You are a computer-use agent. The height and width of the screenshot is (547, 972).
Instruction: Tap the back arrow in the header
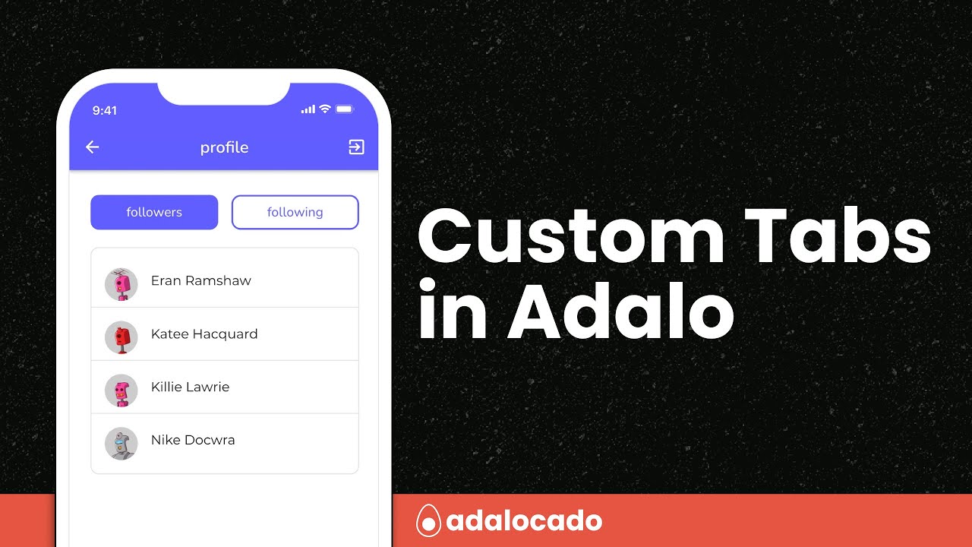pos(93,147)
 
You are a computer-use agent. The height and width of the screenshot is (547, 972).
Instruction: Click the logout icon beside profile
pos(356,147)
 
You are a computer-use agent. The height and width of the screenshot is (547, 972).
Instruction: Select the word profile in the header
pos(224,147)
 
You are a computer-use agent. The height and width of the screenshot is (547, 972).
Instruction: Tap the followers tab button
pos(154,212)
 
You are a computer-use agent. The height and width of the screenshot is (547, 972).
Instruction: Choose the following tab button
pos(295,212)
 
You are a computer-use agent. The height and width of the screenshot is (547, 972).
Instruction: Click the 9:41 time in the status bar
pos(105,110)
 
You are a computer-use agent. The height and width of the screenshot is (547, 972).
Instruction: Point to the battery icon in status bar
pos(345,109)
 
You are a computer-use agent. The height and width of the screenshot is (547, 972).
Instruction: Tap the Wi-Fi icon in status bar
pos(325,109)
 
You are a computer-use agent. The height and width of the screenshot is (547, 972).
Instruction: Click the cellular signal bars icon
pos(308,109)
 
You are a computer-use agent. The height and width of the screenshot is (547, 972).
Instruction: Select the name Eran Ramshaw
pos(200,280)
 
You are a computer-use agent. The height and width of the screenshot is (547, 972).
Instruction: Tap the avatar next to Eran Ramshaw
pos(121,283)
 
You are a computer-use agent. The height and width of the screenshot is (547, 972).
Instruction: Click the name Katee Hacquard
pos(204,334)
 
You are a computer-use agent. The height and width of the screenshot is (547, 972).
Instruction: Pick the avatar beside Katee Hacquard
pos(121,337)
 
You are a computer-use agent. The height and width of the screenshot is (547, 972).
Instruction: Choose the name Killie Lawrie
pos(190,387)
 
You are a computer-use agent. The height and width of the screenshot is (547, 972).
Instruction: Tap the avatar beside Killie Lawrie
pos(121,390)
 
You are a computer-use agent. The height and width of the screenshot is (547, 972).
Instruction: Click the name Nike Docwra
pos(193,440)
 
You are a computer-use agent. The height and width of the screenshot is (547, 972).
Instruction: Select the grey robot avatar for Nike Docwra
pos(121,443)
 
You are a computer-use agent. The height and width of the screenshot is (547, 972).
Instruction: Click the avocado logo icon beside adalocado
pos(429,522)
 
